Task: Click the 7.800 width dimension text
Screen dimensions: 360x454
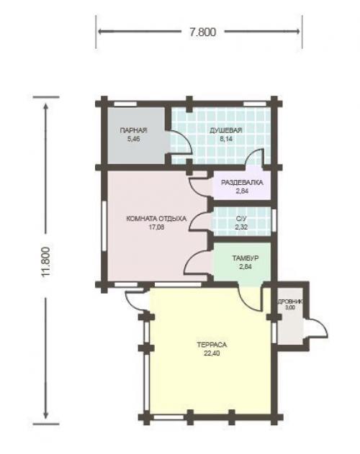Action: [x=202, y=32]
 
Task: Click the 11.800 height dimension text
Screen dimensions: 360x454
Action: [x=46, y=262]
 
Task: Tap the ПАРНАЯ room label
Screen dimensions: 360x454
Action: [x=133, y=130]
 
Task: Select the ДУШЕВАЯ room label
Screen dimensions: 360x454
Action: [x=226, y=130]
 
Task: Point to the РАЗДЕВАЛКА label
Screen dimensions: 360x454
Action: [x=242, y=183]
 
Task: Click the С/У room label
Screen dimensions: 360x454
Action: [x=241, y=219]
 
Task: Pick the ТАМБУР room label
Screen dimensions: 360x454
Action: [x=246, y=258]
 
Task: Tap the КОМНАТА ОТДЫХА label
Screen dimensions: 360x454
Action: [x=156, y=219]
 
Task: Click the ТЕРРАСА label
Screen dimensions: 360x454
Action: [x=212, y=345]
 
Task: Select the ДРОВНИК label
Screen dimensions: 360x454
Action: [x=290, y=301]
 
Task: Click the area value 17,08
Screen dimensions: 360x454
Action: [x=156, y=227]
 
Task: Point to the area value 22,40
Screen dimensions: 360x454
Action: [x=212, y=353]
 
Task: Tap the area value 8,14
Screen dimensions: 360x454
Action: [x=226, y=139]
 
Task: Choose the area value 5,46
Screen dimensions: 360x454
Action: [x=133, y=139]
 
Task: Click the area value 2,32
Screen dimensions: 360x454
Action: [x=241, y=227]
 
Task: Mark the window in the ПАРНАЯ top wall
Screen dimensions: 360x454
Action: [x=125, y=104]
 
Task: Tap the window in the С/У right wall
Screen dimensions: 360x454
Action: [x=274, y=220]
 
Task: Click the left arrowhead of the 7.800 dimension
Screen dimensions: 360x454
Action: [x=102, y=31]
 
